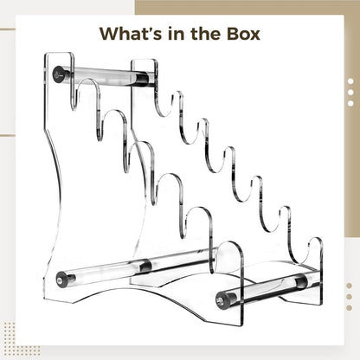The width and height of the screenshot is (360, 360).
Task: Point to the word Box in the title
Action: [x=243, y=34]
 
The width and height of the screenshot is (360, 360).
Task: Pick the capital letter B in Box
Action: [x=233, y=34]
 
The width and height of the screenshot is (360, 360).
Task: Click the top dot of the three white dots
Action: [x=350, y=81]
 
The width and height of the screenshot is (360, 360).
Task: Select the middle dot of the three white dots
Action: [x=350, y=93]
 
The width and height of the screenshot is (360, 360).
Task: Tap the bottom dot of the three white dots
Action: [x=350, y=103]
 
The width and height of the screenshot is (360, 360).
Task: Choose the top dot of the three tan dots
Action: [x=349, y=286]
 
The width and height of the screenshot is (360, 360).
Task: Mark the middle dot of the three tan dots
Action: [x=349, y=297]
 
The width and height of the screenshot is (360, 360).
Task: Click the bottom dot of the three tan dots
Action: [x=349, y=308]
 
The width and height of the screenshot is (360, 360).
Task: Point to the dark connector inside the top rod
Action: [x=141, y=79]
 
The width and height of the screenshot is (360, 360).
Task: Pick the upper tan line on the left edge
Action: [x=8, y=29]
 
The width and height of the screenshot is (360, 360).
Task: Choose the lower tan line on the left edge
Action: [x=8, y=135]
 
